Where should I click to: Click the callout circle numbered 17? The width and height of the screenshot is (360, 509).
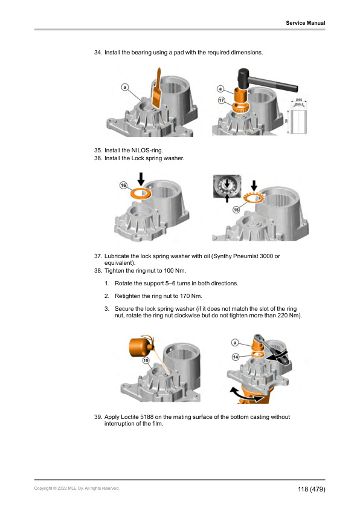[222, 100]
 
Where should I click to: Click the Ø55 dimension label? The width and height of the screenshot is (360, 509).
[299, 100]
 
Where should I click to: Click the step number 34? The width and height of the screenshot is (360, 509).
[98, 53]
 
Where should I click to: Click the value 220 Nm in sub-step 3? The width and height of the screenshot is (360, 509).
[288, 316]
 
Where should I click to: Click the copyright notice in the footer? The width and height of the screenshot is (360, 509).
[77, 488]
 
